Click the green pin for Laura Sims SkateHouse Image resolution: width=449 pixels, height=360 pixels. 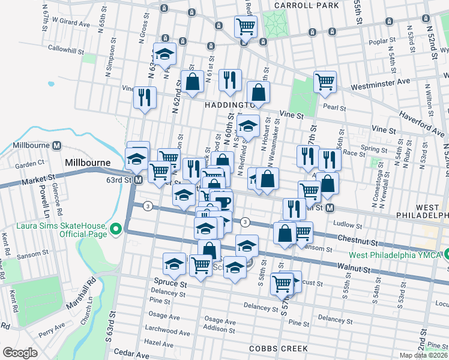[x=116, y=228]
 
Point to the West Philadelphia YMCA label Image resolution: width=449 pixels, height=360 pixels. [x=400, y=254]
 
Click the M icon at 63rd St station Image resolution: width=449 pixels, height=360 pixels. [x=138, y=179]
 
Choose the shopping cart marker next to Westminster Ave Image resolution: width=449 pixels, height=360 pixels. [x=325, y=82]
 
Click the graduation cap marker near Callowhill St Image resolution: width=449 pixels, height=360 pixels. [x=164, y=53]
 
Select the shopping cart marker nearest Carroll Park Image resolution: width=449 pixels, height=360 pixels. [x=246, y=27]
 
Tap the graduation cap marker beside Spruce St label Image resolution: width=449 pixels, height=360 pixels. [x=175, y=264]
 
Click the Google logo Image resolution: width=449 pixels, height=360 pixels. [x=20, y=353]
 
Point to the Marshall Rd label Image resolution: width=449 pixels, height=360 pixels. [x=89, y=292]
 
